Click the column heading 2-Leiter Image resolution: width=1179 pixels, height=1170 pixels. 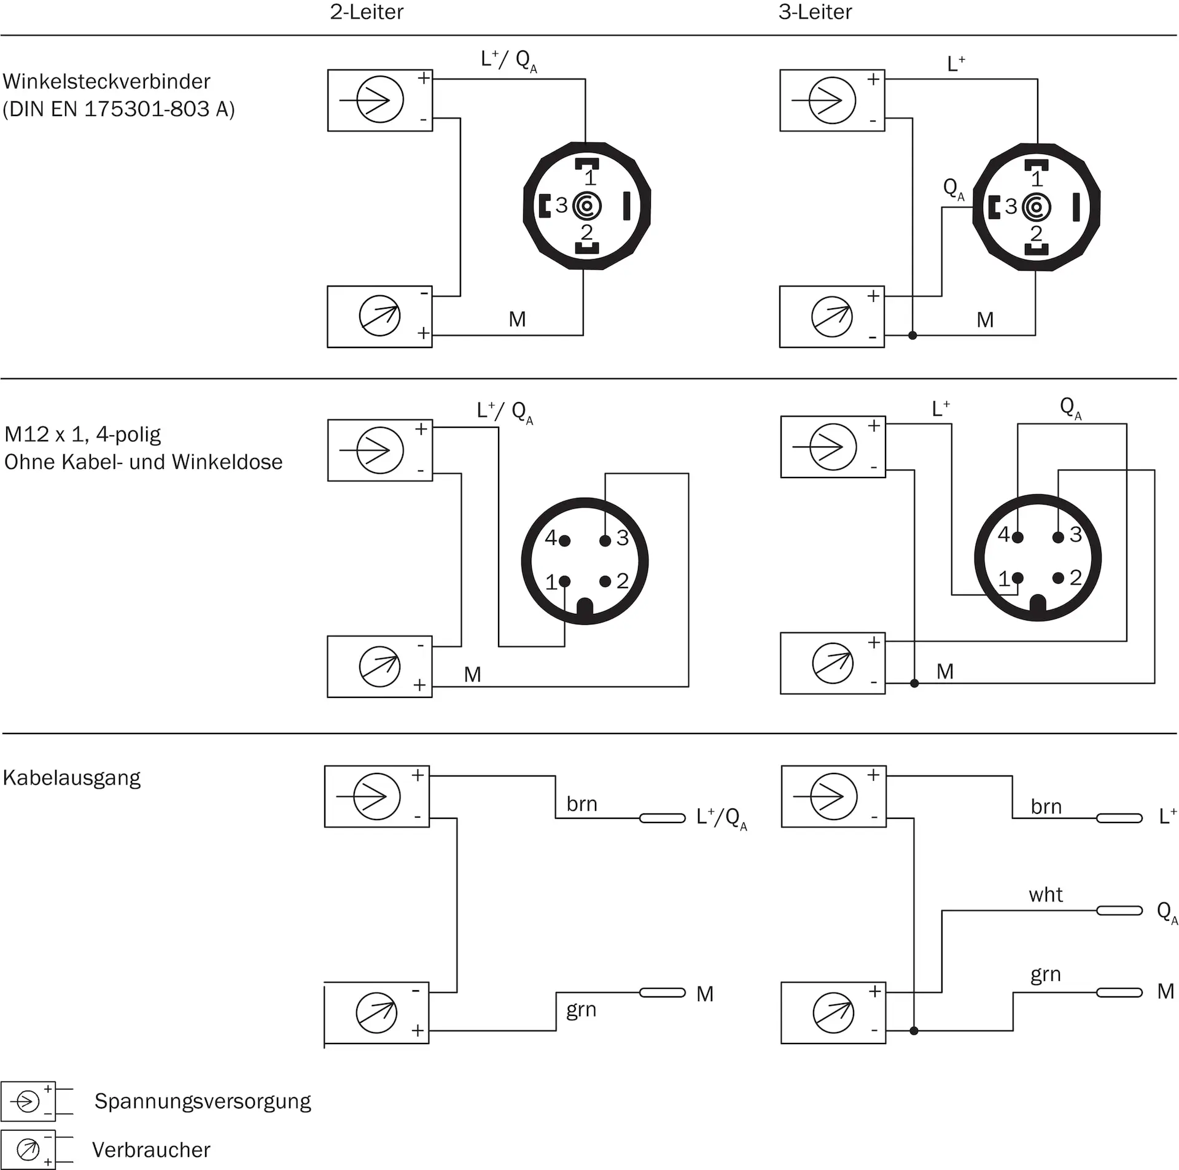pos(367,12)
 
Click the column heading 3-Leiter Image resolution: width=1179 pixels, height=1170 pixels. pos(815,12)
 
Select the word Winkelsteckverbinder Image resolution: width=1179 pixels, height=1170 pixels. pos(106,82)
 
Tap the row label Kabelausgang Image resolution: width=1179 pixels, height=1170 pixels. pos(72,778)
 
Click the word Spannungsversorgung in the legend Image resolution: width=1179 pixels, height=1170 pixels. pos(203,1101)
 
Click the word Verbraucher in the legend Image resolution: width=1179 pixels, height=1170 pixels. pos(151,1150)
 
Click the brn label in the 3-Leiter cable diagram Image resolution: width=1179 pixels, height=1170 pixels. pos(1046,807)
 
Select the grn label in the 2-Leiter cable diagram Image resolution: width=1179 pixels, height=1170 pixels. pos(581,1010)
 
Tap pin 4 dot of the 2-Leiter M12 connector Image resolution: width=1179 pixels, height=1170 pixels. pos(565,541)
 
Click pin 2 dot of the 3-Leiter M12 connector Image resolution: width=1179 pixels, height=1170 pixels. pos(1058,578)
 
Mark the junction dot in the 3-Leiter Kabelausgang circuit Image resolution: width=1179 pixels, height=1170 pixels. pos(914,1031)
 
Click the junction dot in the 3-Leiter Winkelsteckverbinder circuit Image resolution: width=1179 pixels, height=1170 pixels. pos(912,335)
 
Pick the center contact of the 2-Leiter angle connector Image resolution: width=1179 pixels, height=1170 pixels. pos(586,206)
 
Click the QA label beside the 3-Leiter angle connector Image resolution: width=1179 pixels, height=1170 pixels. pos(954,189)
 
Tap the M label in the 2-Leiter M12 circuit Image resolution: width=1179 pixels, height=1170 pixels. pos(472,675)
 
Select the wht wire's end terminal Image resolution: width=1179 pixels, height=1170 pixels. pos(1119,910)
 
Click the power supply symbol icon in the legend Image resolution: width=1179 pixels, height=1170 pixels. pos(28,1101)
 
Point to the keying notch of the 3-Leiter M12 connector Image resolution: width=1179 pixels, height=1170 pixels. pos(1037,604)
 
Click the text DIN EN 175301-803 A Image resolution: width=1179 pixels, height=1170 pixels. pos(119,109)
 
